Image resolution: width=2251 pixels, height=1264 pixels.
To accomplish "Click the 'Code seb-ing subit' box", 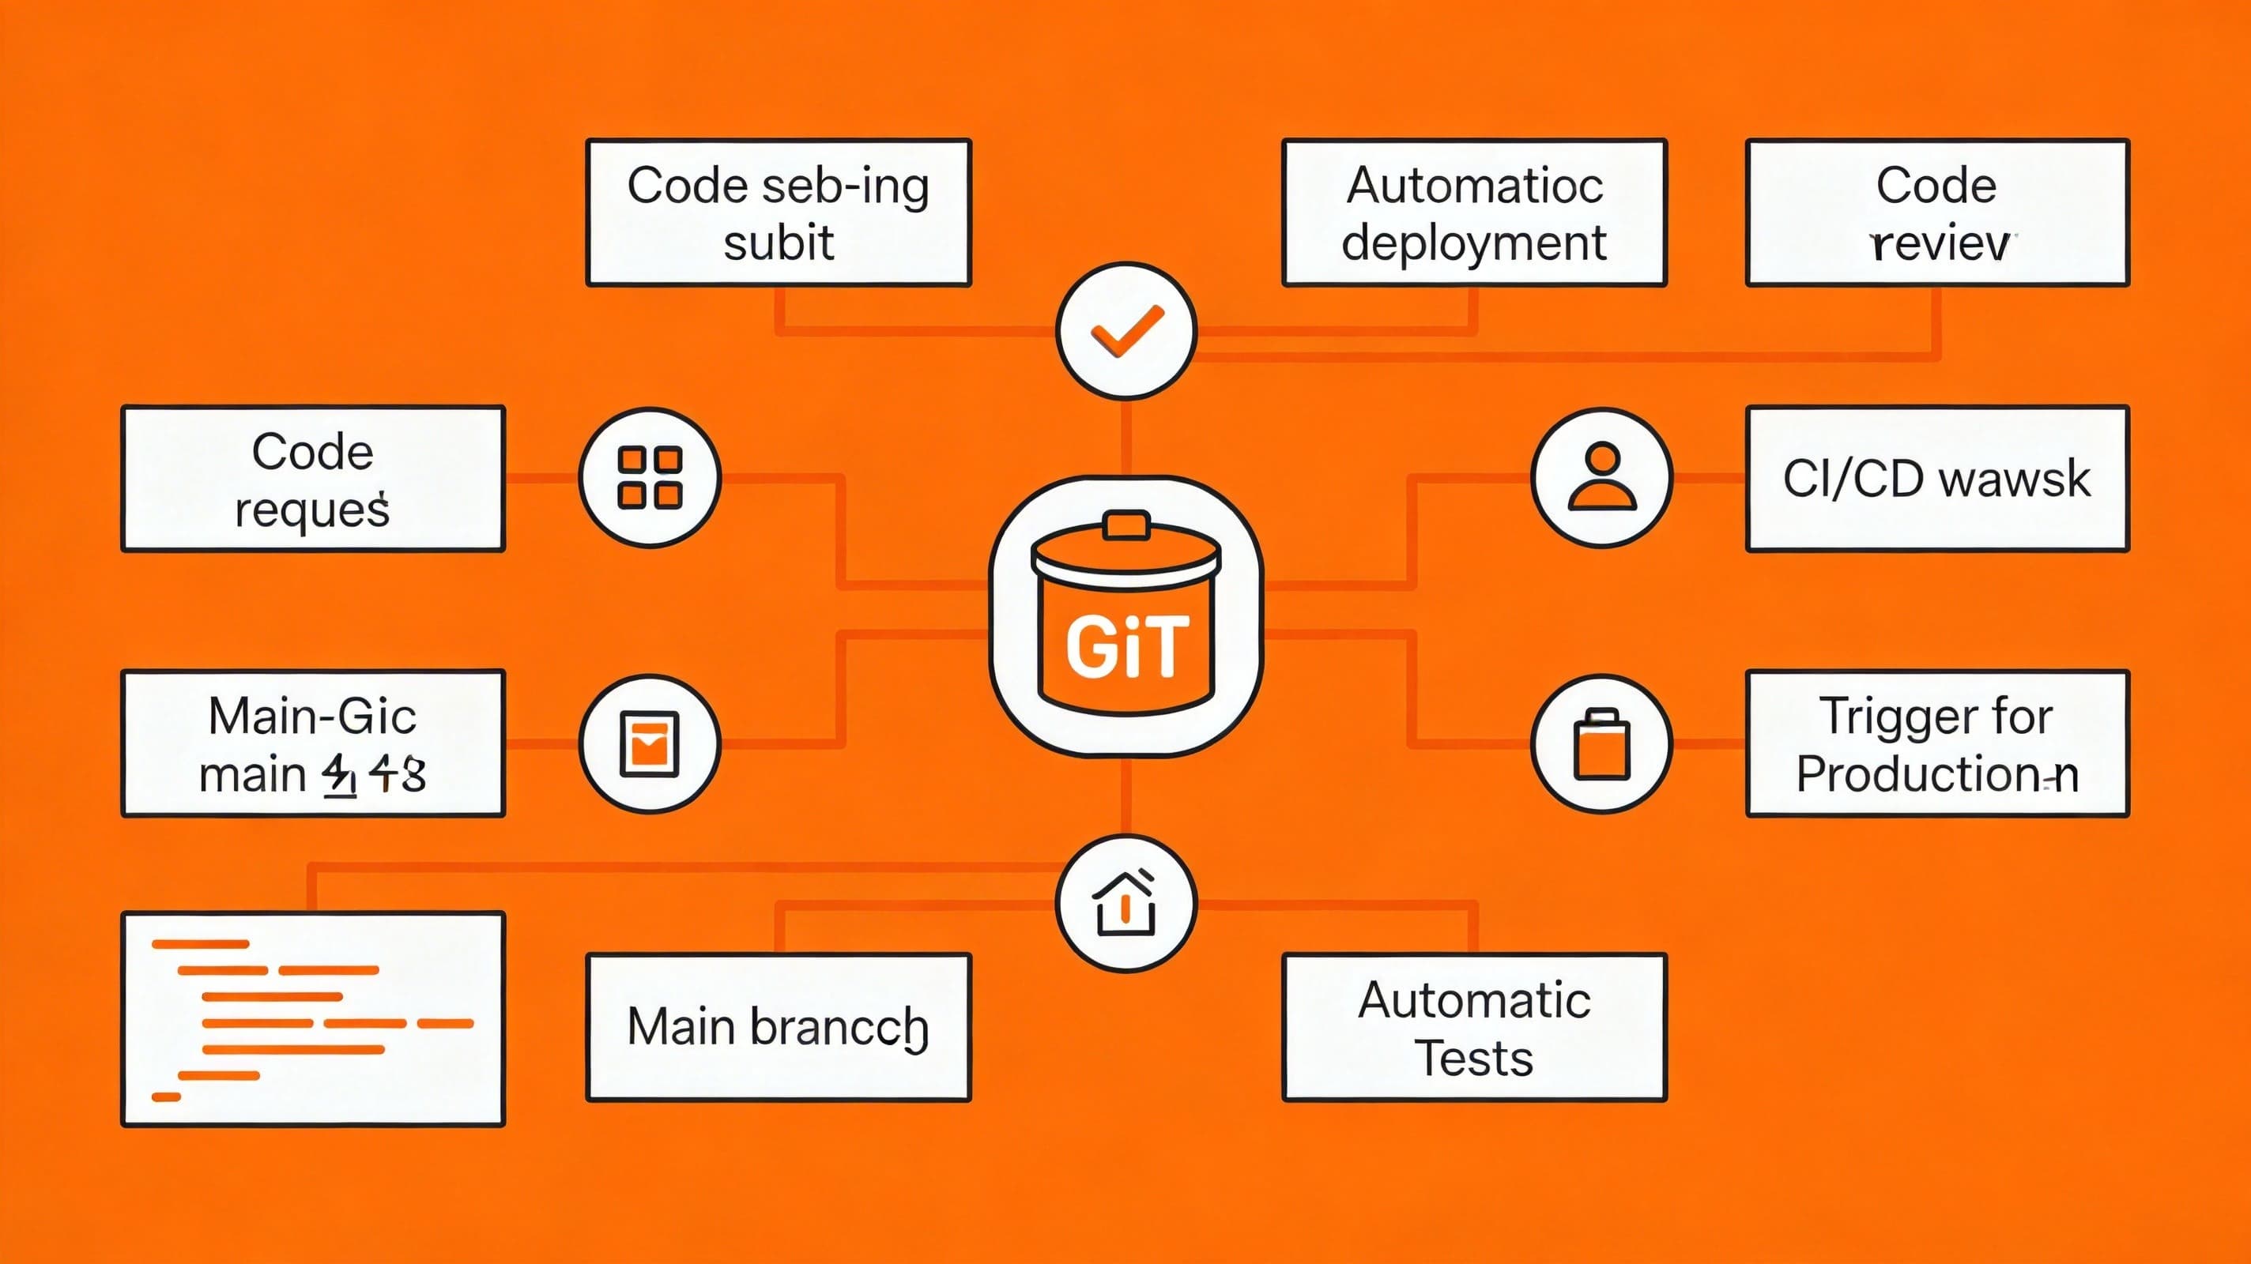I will pos(778,213).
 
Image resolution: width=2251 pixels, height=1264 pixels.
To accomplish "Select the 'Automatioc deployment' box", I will pos(1474,213).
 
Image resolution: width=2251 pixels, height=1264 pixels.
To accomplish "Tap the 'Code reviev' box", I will pos(1937,213).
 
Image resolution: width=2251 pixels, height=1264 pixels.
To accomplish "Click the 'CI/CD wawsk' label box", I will pos(1937,479).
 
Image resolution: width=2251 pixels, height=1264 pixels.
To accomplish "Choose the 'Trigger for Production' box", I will pos(1937,743).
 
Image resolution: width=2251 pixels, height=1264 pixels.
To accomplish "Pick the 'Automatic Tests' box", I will pos(1474,1027).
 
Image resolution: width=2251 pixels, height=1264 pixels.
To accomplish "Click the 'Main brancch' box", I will pos(778,1027).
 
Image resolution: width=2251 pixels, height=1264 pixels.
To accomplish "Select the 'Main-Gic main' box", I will pos(313,743).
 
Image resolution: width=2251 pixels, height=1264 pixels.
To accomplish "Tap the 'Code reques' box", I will pos(313,479).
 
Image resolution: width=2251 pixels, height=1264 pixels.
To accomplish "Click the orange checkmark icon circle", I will pos(1125,331).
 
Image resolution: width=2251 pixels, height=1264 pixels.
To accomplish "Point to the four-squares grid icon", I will pos(649,478).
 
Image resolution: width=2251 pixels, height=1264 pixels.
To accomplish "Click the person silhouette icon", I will pos(1602,478).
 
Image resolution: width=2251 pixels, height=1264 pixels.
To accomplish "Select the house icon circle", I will pos(1125,903).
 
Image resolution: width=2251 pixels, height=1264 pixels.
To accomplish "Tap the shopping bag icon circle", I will pos(1602,744).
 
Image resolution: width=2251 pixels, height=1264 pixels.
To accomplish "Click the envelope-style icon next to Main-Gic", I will pos(649,744).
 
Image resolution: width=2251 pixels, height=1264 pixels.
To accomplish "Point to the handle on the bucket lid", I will pos(1125,525).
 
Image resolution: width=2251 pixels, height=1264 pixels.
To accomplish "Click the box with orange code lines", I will pos(313,1019).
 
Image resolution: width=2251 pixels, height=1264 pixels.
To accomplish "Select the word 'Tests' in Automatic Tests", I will pos(1474,1058).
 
